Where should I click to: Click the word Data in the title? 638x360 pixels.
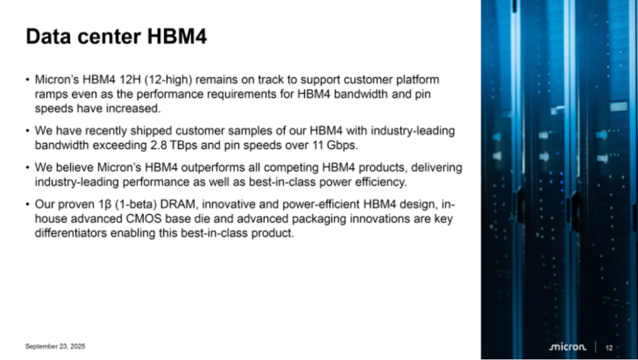(x=49, y=36)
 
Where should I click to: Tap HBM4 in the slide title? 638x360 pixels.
(x=177, y=36)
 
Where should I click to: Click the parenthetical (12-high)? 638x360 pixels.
(x=168, y=80)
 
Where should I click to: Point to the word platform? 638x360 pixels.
(x=418, y=80)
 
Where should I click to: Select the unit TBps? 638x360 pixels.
(x=183, y=146)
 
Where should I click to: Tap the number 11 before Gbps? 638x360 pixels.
(x=318, y=145)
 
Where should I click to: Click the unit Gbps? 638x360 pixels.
(x=342, y=146)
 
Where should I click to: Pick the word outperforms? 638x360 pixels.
(x=214, y=168)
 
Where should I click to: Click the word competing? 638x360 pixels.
(x=292, y=168)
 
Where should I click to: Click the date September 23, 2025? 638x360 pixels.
(x=56, y=346)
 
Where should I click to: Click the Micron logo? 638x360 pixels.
(x=568, y=347)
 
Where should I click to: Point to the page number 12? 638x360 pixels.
(x=608, y=348)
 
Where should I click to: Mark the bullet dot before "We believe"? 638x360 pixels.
(x=27, y=167)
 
